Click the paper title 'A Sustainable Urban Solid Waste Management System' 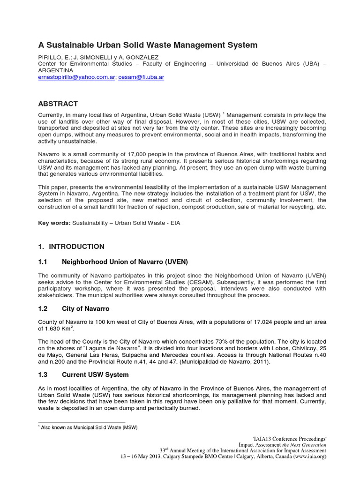point(148,45)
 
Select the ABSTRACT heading point(58,104)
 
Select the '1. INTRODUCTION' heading point(71,247)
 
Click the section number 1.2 point(43,310)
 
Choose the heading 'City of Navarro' point(86,310)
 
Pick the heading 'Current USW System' point(95,375)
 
